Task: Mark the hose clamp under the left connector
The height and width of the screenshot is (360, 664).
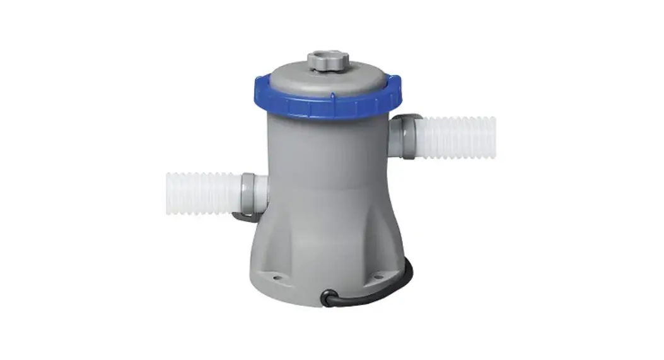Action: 243,216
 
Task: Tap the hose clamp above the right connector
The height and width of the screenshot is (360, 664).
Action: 409,117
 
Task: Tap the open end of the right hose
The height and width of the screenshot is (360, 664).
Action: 492,137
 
